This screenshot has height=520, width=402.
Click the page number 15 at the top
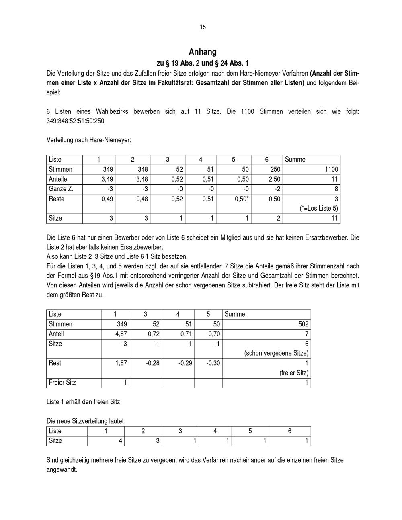(x=203, y=27)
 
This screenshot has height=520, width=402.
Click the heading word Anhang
(x=203, y=52)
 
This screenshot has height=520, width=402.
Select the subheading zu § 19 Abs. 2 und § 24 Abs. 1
(x=203, y=63)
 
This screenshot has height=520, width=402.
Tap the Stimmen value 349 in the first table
(x=108, y=169)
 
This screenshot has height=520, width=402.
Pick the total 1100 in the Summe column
(x=332, y=169)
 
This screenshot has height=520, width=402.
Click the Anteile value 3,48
(x=142, y=179)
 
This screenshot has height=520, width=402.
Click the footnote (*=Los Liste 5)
(x=319, y=209)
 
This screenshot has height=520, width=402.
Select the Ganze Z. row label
(x=61, y=189)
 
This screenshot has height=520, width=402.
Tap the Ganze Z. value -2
(x=277, y=189)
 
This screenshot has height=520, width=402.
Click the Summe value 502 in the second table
(x=303, y=324)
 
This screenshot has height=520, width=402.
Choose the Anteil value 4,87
(x=121, y=334)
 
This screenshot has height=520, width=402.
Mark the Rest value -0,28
(x=153, y=363)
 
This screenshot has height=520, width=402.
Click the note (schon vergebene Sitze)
(x=276, y=354)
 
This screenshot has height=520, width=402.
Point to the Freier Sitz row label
(x=62, y=383)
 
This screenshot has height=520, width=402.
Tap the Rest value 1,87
(x=121, y=363)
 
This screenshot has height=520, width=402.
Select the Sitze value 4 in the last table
(x=120, y=441)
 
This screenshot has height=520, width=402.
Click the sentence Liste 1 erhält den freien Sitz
(x=83, y=402)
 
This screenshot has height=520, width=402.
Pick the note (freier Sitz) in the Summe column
(x=294, y=373)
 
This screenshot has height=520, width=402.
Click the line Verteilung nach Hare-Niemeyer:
(x=89, y=140)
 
